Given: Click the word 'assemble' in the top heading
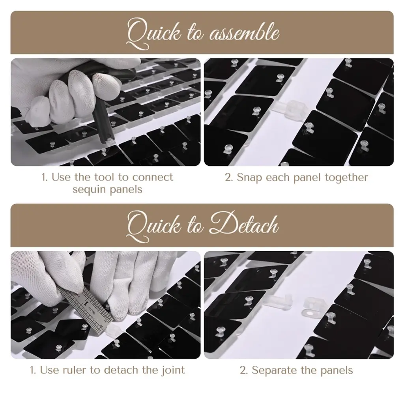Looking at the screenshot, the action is [x=244, y=34].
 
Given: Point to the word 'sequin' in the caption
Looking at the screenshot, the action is [x=89, y=190].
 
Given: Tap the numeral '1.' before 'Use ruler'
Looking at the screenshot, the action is [x=33, y=370].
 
